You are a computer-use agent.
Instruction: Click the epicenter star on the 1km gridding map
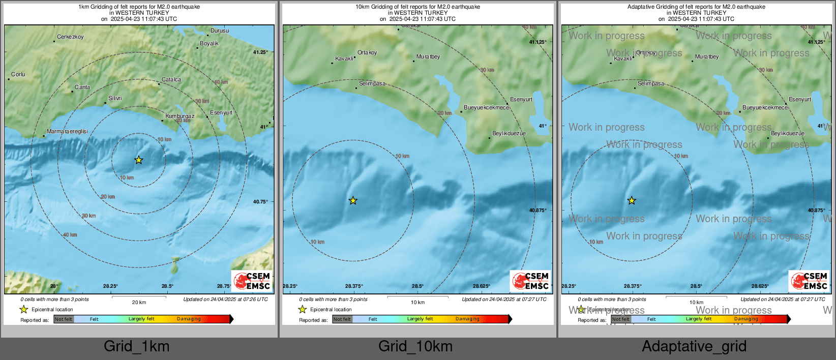click(x=138, y=160)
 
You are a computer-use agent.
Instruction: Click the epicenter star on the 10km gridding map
click(x=353, y=201)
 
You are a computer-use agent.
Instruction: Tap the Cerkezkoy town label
click(x=70, y=37)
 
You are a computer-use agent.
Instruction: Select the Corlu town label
click(x=18, y=75)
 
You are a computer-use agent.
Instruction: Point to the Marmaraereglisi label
click(x=67, y=132)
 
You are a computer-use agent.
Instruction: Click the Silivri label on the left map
click(x=115, y=99)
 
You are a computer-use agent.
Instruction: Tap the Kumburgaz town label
click(x=180, y=116)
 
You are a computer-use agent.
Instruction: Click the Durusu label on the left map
click(x=220, y=31)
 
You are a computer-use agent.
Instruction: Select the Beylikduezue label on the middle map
click(x=509, y=134)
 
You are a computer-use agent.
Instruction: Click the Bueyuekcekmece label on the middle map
click(x=486, y=108)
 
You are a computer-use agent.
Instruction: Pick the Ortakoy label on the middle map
click(x=367, y=53)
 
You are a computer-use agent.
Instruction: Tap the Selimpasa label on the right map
click(x=651, y=84)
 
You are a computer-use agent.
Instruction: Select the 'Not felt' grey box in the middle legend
click(x=342, y=319)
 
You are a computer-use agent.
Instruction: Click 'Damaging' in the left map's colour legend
click(x=189, y=319)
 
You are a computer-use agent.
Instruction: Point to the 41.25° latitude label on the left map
click(x=260, y=52)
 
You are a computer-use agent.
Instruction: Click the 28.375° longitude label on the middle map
click(x=354, y=286)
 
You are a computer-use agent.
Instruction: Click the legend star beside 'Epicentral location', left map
click(x=24, y=310)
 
